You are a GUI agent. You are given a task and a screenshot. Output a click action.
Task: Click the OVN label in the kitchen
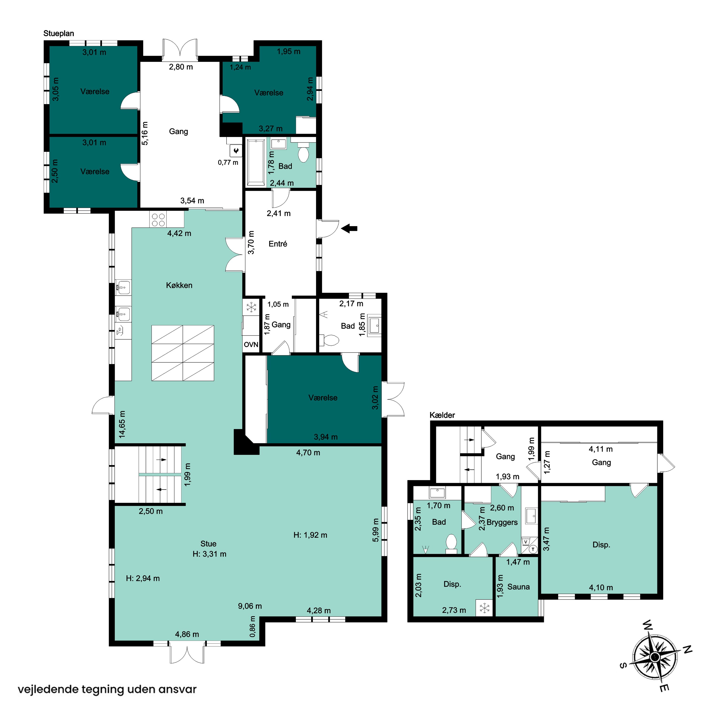point(251,345)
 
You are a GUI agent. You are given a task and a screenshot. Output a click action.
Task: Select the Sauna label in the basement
point(519,587)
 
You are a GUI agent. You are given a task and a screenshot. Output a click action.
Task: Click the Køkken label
point(179,285)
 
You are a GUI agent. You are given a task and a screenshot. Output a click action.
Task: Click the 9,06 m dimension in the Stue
point(250,606)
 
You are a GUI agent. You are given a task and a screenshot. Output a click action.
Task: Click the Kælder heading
point(442,415)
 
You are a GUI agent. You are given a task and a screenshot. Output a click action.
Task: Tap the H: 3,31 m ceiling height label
point(209,554)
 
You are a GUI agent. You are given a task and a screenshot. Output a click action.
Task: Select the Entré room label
point(278,244)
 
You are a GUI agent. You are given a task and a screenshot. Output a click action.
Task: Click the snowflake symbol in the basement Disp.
point(485,608)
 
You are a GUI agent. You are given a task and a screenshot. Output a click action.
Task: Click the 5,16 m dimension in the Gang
point(145,133)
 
